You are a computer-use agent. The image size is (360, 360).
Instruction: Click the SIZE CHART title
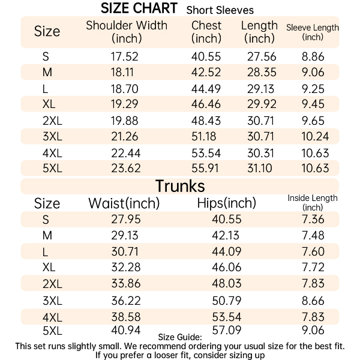[x=139, y=8]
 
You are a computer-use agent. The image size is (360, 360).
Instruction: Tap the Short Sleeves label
[x=220, y=10]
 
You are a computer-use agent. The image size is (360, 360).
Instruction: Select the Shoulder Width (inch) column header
[x=127, y=32]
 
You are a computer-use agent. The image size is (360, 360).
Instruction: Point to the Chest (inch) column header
[x=206, y=32]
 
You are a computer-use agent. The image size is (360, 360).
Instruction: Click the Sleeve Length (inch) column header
[x=313, y=32]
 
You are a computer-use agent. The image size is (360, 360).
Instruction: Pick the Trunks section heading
[x=180, y=185]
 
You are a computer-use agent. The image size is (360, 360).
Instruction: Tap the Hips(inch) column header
[x=226, y=203]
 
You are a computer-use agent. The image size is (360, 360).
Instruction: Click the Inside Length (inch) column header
[x=313, y=202]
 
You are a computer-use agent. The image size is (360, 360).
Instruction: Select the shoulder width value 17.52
[x=124, y=57]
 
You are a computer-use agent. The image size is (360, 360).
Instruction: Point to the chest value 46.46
[x=206, y=104]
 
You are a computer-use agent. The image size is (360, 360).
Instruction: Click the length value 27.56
[x=262, y=57]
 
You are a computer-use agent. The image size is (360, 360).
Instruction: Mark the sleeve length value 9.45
[x=313, y=104]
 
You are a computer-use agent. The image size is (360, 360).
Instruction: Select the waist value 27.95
[x=125, y=220]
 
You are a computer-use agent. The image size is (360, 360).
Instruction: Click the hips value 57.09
[x=226, y=330]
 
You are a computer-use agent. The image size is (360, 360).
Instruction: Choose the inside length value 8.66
[x=313, y=298]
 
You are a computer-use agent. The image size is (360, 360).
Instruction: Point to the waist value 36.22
[x=125, y=298]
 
